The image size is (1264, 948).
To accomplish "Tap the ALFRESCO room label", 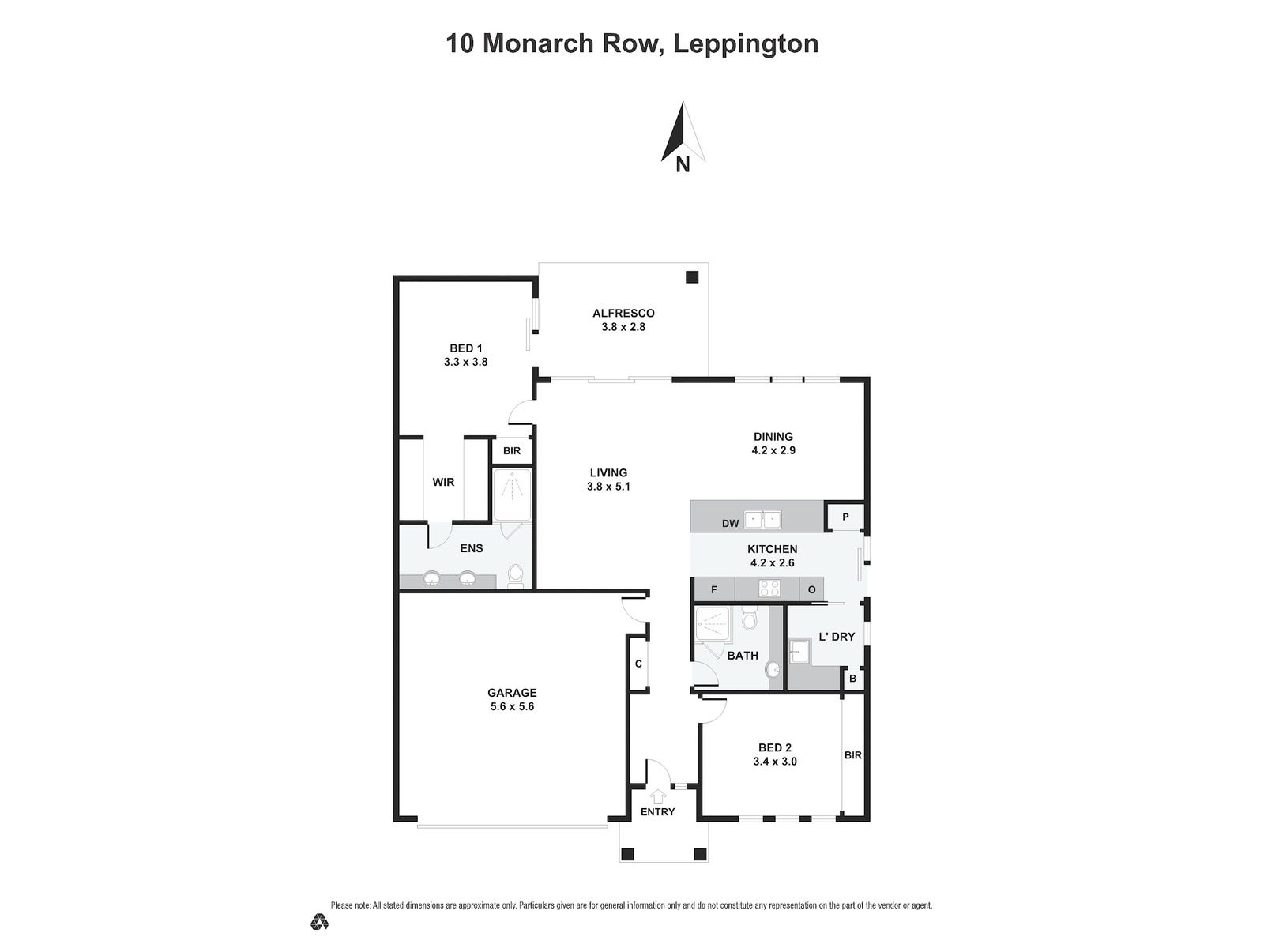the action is (623, 313).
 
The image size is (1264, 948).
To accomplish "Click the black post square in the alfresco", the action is (692, 277).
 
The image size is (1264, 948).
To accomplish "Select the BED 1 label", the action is (465, 348).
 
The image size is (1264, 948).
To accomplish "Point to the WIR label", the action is (443, 482).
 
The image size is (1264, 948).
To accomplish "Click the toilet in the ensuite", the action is (515, 576).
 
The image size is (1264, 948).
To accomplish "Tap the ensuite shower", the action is (512, 495).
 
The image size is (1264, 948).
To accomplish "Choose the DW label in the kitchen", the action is (730, 523).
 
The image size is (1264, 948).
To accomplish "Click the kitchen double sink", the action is (763, 520).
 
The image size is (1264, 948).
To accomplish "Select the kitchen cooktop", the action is (769, 589).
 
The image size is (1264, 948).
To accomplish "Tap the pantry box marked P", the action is (845, 517).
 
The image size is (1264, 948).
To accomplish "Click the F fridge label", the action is (714, 589).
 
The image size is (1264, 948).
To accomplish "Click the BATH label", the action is (743, 655).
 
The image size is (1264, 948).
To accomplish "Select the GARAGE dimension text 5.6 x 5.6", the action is (512, 706).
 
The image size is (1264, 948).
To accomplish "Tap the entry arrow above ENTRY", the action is (658, 797).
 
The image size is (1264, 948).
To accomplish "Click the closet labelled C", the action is (638, 664).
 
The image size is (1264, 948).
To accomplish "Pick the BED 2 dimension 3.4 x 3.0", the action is (774, 762).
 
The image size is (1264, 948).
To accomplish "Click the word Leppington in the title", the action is (745, 43).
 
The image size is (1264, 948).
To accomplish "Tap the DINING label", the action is (773, 436).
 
